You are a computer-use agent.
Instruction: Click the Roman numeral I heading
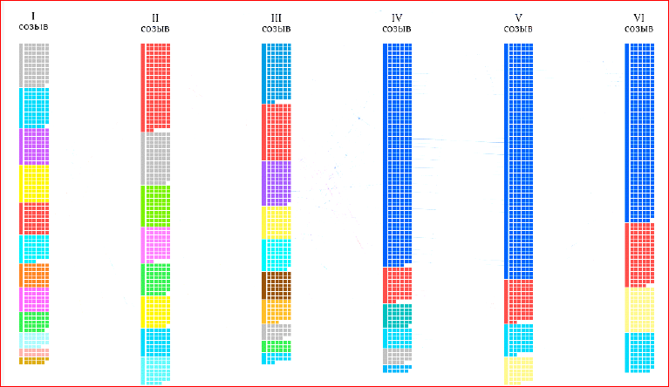(x=33, y=17)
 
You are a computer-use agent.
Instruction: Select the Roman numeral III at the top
(x=276, y=17)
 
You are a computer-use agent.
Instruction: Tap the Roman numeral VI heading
(x=639, y=17)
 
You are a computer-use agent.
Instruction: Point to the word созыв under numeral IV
(x=397, y=29)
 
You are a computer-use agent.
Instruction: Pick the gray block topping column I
(x=34, y=65)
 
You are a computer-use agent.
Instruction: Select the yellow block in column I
(x=34, y=184)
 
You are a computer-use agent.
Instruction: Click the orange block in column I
(x=34, y=275)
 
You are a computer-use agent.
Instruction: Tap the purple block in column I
(x=34, y=147)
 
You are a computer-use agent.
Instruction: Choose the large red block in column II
(x=155, y=87)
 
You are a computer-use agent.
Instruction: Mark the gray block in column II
(x=155, y=158)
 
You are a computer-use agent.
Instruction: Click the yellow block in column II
(x=155, y=311)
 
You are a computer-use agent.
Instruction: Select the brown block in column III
(x=276, y=285)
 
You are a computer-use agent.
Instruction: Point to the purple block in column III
(x=276, y=183)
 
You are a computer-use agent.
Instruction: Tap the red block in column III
(x=276, y=132)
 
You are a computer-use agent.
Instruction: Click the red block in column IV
(x=398, y=284)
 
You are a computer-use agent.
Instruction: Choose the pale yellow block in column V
(x=518, y=370)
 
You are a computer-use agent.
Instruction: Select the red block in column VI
(x=639, y=255)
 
